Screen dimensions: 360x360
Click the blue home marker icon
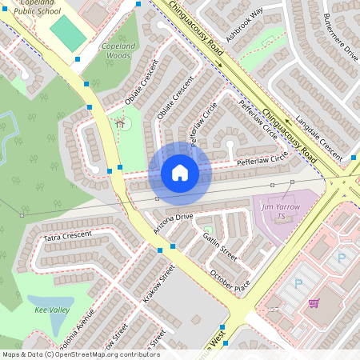coord(180,172)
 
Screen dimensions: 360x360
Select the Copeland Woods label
coord(115,51)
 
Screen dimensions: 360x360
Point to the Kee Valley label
coord(52,309)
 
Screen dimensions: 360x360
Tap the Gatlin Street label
coord(220,248)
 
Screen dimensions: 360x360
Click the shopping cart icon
coord(314,303)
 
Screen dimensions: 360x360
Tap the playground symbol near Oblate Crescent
coord(120,123)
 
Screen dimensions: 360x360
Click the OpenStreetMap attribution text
coord(80,354)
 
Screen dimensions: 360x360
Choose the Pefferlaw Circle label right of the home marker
coord(262,161)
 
